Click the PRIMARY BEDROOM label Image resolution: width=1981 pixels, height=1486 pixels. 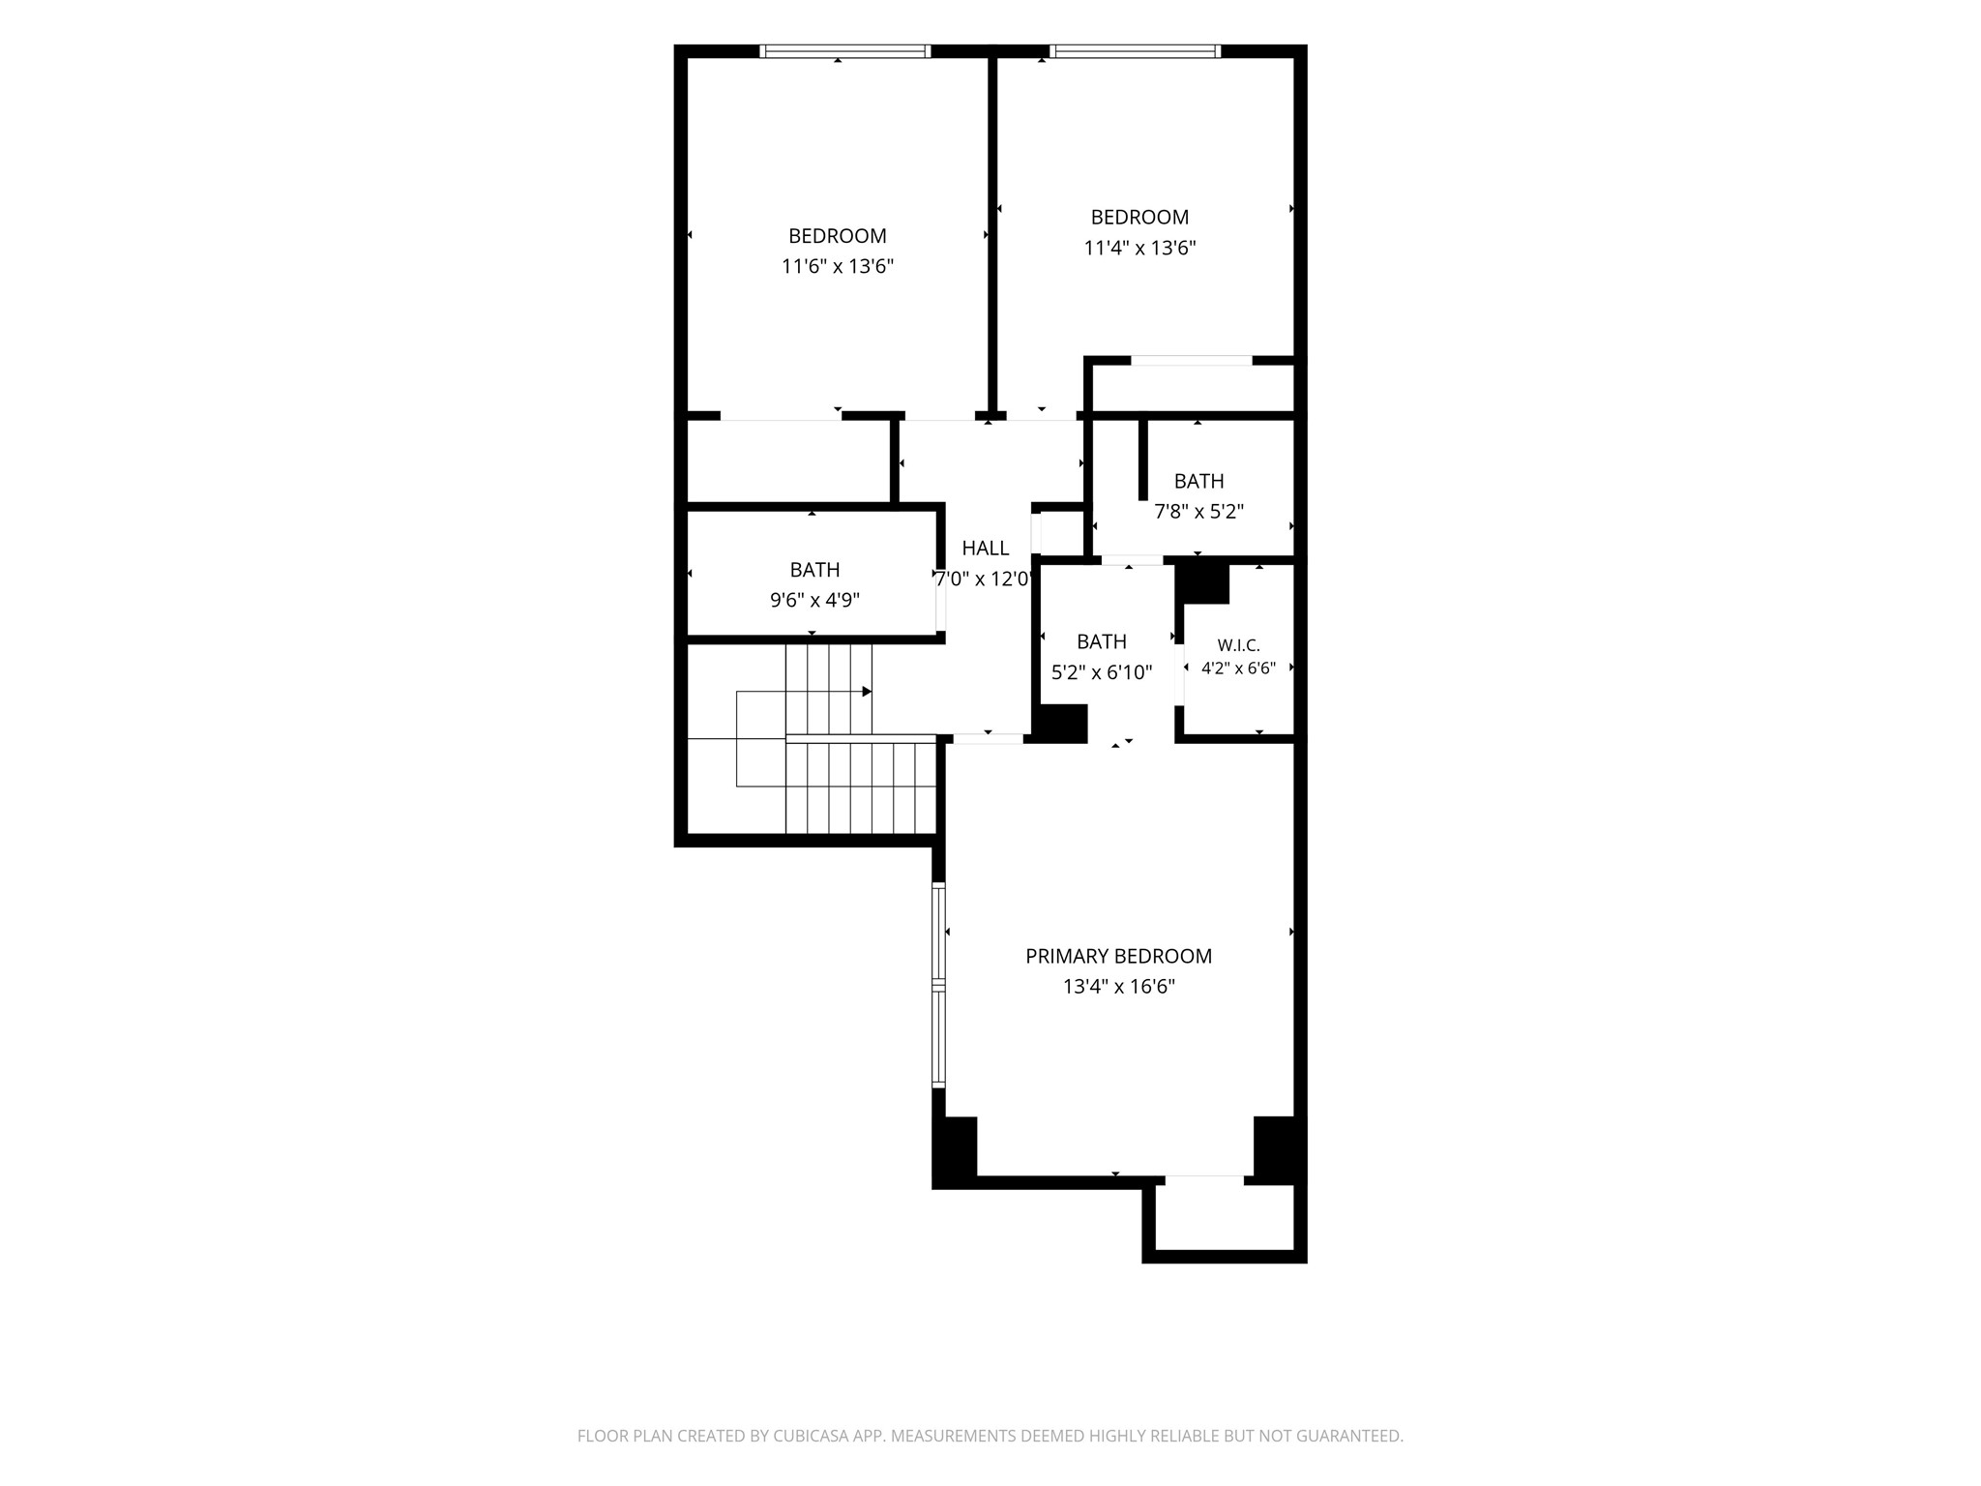(x=1118, y=956)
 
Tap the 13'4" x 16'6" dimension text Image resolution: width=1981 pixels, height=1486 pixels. (x=1118, y=987)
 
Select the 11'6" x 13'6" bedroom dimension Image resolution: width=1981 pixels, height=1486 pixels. (x=838, y=266)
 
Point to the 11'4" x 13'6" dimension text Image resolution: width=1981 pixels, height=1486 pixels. (x=1139, y=248)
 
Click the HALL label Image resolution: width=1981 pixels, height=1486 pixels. (x=986, y=549)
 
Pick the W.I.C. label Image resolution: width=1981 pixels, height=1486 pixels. (x=1239, y=645)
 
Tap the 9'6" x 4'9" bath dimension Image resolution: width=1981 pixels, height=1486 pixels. (x=814, y=601)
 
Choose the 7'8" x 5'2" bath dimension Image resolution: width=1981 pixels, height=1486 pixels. (x=1198, y=512)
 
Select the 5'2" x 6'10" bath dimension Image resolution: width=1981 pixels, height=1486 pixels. (x=1102, y=672)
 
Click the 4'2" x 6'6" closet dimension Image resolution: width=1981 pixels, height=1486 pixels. (x=1239, y=668)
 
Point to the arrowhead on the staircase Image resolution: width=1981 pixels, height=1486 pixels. (x=867, y=692)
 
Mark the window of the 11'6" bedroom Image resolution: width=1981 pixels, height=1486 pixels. (x=845, y=51)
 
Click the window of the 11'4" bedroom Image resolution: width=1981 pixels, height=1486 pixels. (x=1135, y=51)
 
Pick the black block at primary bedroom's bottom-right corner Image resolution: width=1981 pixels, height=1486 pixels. (x=1278, y=1147)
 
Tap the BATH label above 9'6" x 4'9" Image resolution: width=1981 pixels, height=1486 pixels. (x=814, y=570)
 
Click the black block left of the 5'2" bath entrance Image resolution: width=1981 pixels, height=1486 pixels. (x=1060, y=724)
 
